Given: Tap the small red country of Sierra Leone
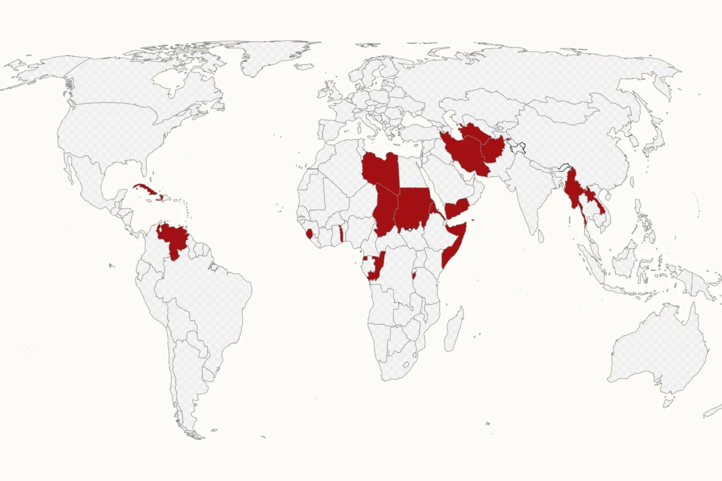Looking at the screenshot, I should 309,234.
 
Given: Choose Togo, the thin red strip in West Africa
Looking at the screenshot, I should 341,234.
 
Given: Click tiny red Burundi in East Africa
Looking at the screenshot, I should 414,275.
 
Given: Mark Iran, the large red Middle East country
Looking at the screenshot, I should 465,153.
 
